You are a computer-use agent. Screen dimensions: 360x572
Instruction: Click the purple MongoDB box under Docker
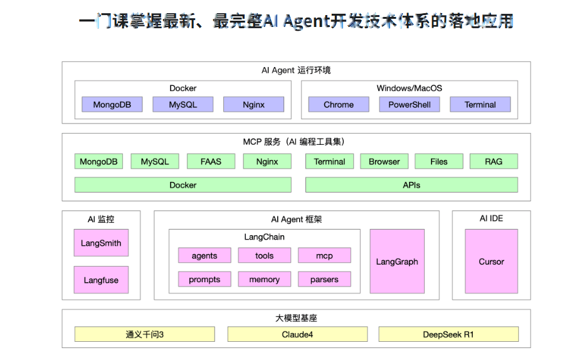coord(112,105)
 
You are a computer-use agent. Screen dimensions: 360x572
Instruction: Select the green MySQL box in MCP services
coord(154,161)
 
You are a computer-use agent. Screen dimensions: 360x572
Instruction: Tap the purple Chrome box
coord(339,105)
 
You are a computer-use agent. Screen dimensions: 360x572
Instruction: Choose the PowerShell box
coord(409,105)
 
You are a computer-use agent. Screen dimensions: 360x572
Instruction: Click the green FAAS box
coord(211,161)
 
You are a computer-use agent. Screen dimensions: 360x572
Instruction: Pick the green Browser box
coord(384,161)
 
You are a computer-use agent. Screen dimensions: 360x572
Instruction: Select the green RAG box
coord(494,161)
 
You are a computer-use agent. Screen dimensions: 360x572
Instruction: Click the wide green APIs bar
coord(411,185)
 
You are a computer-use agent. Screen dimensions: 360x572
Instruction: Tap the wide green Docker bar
coord(183,185)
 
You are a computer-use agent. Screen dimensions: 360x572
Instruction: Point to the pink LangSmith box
coord(101,243)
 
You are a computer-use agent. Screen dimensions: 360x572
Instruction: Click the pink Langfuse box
coord(101,280)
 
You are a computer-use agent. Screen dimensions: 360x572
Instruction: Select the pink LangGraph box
coord(397,262)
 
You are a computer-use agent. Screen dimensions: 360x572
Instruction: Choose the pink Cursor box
coord(491,262)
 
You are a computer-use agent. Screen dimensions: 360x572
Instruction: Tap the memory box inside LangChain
coord(264,279)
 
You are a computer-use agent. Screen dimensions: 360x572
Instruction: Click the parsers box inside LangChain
coord(324,279)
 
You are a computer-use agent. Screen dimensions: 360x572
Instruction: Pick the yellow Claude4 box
coord(297,334)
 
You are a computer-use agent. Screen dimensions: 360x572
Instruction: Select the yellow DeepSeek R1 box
coord(448,334)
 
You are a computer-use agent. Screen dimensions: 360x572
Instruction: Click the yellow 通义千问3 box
coord(144,334)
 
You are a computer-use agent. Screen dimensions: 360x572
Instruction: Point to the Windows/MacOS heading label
coord(409,88)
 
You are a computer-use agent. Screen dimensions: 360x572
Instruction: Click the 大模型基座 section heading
coord(296,318)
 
